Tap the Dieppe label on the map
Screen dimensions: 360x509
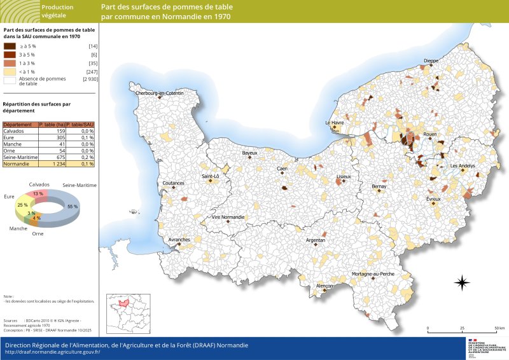(431, 61)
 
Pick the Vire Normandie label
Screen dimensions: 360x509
(228, 217)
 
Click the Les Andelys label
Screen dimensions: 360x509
(463, 166)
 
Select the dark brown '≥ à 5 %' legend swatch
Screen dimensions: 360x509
(10, 46)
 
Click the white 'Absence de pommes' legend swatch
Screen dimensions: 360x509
(10, 80)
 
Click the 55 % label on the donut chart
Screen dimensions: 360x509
(72, 207)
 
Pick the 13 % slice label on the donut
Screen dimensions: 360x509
(39, 193)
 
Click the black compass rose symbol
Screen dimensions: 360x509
(462, 282)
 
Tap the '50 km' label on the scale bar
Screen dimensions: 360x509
(499, 329)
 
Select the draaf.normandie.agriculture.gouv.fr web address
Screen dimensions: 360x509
(52, 352)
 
